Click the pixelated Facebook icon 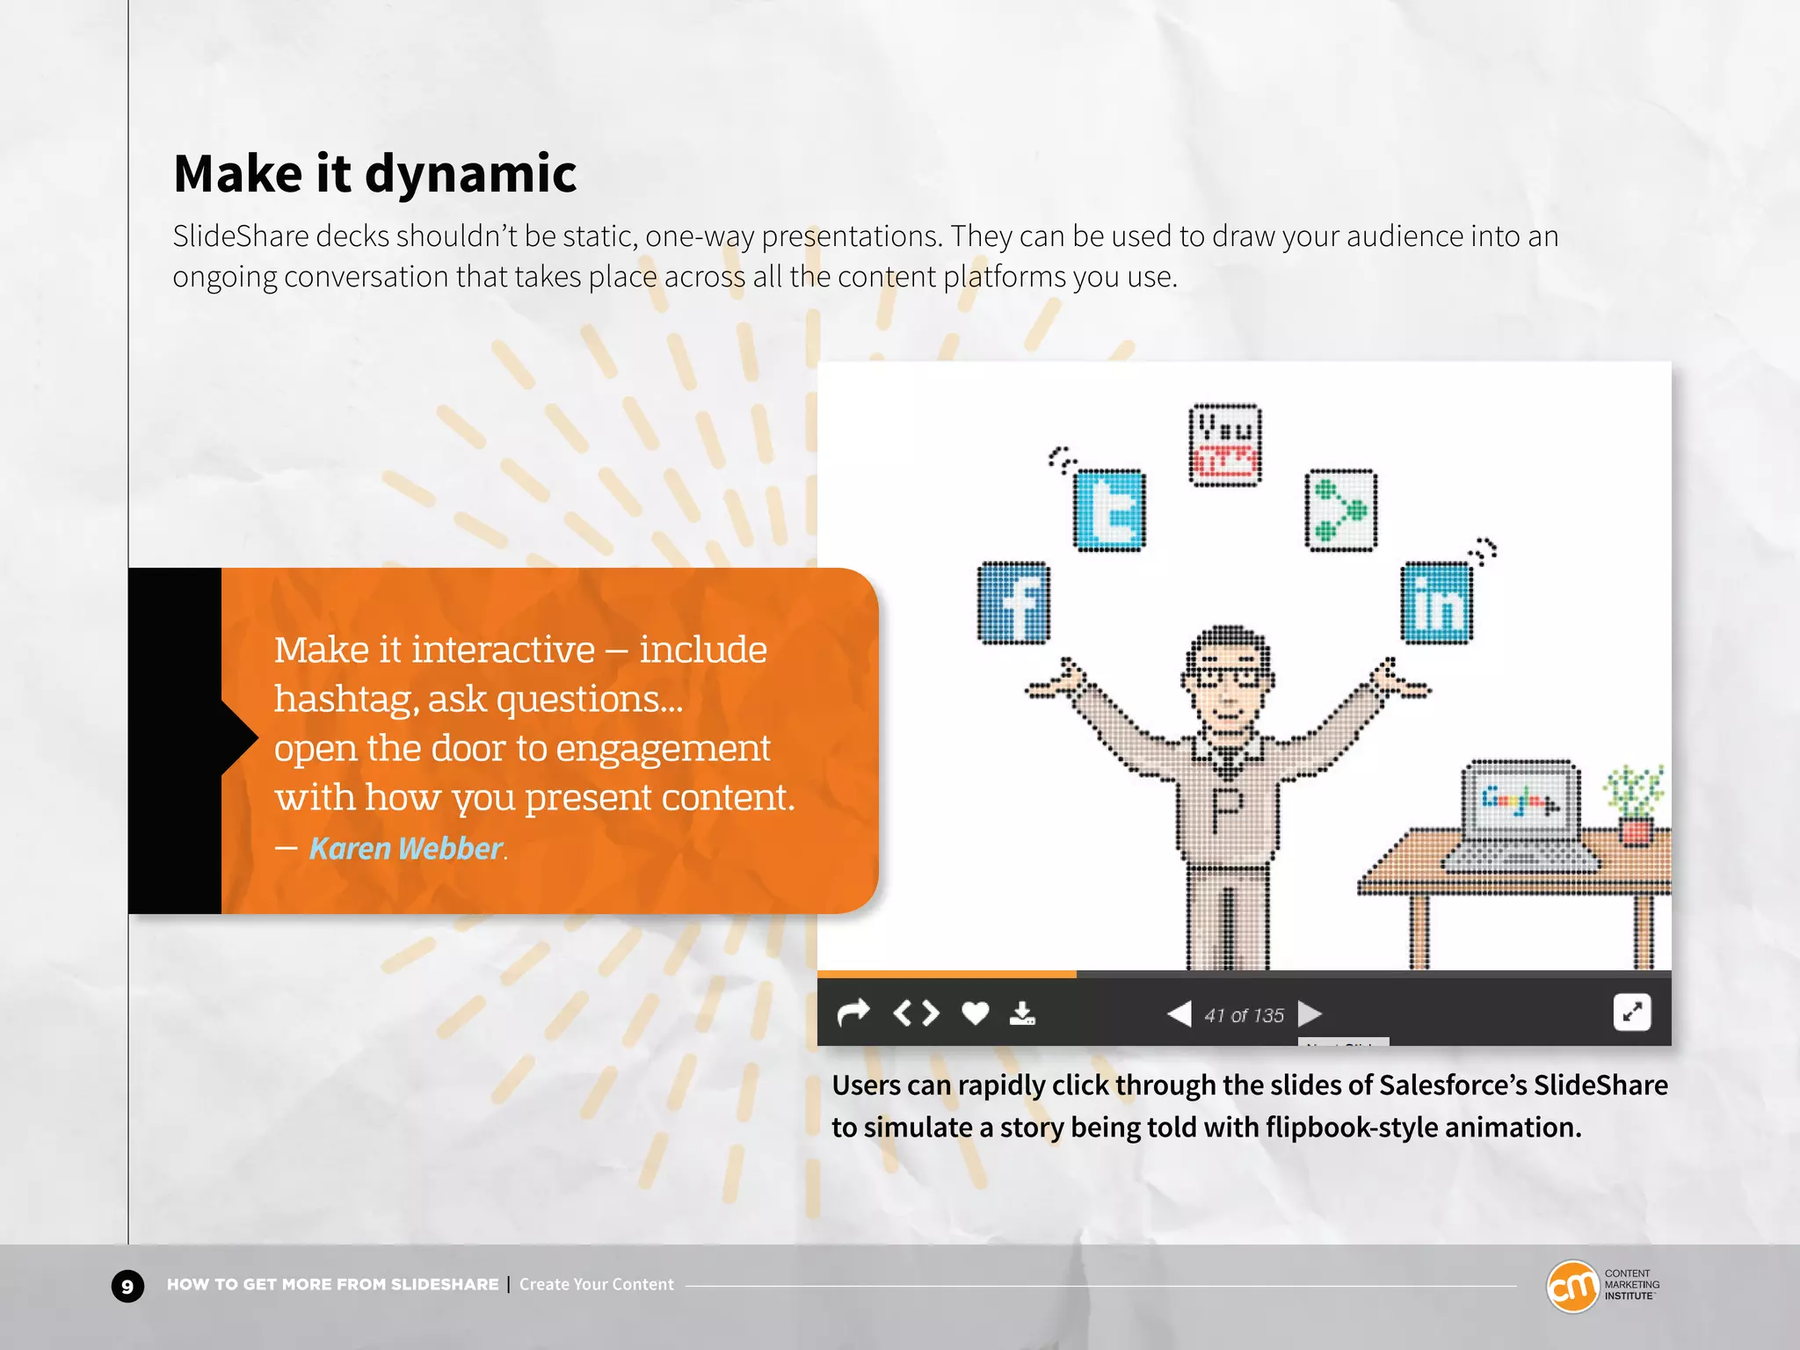1013,603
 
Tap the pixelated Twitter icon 1109,510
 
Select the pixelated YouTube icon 1224,445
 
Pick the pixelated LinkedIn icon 1436,603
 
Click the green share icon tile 1340,510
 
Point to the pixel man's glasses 1228,677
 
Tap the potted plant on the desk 1634,804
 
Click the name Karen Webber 405,848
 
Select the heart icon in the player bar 975,1013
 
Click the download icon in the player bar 1022,1013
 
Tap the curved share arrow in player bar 853,1013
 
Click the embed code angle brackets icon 916,1013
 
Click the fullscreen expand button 1632,1012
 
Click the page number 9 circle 127,1287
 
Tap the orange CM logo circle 1571,1287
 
